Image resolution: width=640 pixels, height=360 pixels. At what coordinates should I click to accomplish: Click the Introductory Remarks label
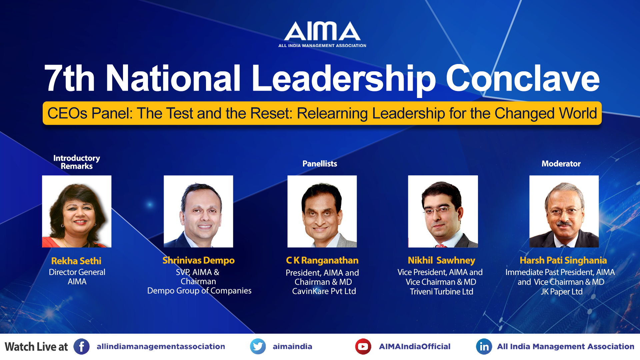tap(77, 162)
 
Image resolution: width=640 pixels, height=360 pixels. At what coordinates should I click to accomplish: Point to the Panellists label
tap(320, 164)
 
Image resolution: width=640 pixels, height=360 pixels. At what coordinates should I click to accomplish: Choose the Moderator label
tap(561, 164)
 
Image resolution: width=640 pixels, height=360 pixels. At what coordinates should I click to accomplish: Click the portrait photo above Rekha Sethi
tap(77, 211)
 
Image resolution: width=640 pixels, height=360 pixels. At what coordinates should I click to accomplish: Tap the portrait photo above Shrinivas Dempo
tap(198, 211)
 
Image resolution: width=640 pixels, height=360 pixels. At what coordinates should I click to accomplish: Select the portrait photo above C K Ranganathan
tap(322, 211)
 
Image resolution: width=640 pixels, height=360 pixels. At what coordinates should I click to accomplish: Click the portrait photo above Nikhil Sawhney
tap(443, 211)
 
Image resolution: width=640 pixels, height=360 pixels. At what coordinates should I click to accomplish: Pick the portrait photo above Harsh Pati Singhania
tap(564, 211)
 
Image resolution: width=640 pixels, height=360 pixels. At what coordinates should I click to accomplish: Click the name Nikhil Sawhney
tap(441, 260)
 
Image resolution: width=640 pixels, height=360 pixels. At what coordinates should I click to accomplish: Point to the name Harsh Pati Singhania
tap(563, 260)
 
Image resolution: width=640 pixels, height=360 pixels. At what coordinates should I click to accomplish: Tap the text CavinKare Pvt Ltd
tap(324, 291)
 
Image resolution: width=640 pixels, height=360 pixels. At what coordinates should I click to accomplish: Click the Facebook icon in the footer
tap(81, 347)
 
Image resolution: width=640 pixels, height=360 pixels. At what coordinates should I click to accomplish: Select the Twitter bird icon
tap(258, 347)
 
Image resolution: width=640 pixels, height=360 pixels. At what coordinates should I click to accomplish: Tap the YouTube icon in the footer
tap(363, 347)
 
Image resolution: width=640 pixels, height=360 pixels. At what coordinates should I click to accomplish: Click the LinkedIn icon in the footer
tap(484, 347)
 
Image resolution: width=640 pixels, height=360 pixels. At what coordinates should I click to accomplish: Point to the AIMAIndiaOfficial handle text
tap(415, 347)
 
